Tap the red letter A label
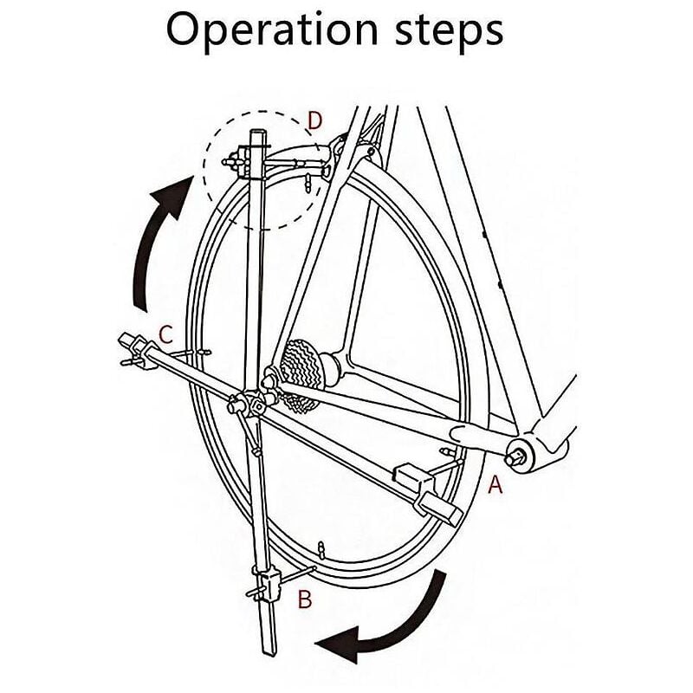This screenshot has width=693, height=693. [495, 485]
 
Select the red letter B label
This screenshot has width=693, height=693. [304, 599]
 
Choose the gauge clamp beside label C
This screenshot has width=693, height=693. [139, 346]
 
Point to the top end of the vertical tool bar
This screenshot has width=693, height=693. [259, 134]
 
